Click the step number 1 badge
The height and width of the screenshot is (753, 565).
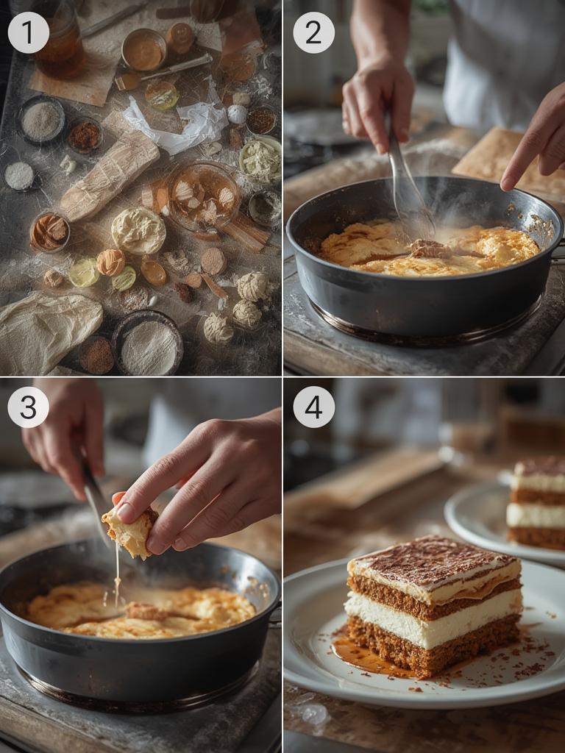click(28, 32)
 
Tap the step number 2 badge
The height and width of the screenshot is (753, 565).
click(313, 32)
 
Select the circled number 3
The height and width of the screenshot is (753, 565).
click(28, 407)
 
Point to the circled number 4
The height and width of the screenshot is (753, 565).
click(313, 407)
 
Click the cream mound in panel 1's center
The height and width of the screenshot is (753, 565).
click(138, 230)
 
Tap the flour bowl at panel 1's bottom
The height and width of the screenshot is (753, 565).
click(148, 344)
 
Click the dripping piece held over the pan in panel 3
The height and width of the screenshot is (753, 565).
click(131, 531)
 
